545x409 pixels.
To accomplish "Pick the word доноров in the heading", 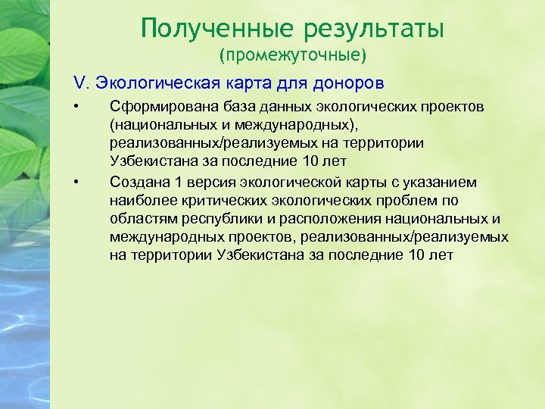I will click(348, 82).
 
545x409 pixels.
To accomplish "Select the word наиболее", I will click(140, 200).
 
